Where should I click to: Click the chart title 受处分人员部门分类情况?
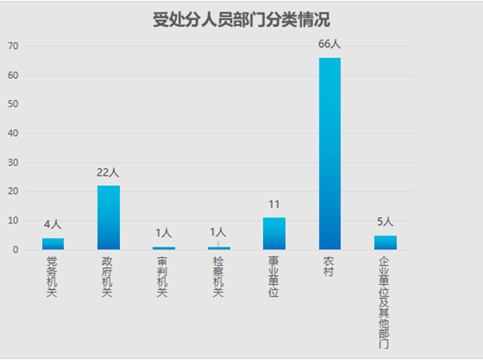[x=242, y=20]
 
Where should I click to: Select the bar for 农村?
[x=329, y=153]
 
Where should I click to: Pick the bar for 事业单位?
[x=274, y=234]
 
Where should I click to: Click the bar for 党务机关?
[x=53, y=243]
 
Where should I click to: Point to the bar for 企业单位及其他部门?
[x=385, y=242]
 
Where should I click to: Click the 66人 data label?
[x=330, y=44]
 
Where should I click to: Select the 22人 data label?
[x=108, y=172]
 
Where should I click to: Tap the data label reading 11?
[x=274, y=205]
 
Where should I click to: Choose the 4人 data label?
[x=53, y=225]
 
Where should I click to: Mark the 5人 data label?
[x=385, y=221]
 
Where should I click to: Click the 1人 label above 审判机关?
[x=163, y=234]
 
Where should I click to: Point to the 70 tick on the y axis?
[x=13, y=47]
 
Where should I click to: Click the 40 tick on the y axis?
[x=13, y=134]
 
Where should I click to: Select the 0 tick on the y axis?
[x=15, y=250]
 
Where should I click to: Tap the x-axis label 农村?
[x=328, y=267]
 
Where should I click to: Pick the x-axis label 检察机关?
[x=218, y=277]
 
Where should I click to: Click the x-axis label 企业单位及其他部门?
[x=384, y=302]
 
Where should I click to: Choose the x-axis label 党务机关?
[x=53, y=277]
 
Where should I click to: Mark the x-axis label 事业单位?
[x=274, y=277]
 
